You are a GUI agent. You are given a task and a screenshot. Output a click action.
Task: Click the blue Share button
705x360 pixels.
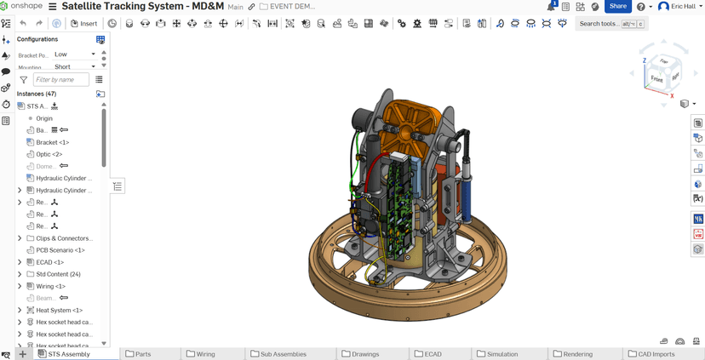[x=617, y=6]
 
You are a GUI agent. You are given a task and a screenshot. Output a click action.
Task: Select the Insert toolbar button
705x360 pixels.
[x=83, y=23]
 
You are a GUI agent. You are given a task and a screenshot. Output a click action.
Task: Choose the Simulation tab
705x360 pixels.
[x=502, y=354]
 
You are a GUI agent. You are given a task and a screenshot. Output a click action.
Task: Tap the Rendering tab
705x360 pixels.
[x=577, y=354]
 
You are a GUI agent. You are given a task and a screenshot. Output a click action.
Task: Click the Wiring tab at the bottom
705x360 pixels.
[x=205, y=354]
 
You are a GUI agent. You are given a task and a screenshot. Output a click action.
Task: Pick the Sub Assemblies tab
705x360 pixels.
[x=284, y=354]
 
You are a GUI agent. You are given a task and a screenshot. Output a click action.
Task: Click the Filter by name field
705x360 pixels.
[x=60, y=79]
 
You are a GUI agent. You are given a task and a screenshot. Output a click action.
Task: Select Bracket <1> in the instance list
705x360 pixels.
[x=52, y=142]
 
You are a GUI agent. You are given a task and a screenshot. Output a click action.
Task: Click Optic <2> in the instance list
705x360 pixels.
[x=49, y=154]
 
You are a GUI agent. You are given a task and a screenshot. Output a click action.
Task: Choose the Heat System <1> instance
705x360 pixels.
[x=59, y=310]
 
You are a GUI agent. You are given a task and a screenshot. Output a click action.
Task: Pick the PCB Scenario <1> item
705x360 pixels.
[x=60, y=250]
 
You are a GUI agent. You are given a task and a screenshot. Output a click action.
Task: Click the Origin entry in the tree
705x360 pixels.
[x=43, y=118]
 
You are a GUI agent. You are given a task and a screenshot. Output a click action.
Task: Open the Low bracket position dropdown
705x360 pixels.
[x=75, y=54]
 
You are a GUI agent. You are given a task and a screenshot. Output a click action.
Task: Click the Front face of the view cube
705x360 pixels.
[x=656, y=78]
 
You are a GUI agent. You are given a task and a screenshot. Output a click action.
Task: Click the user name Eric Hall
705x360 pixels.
[x=683, y=7]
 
